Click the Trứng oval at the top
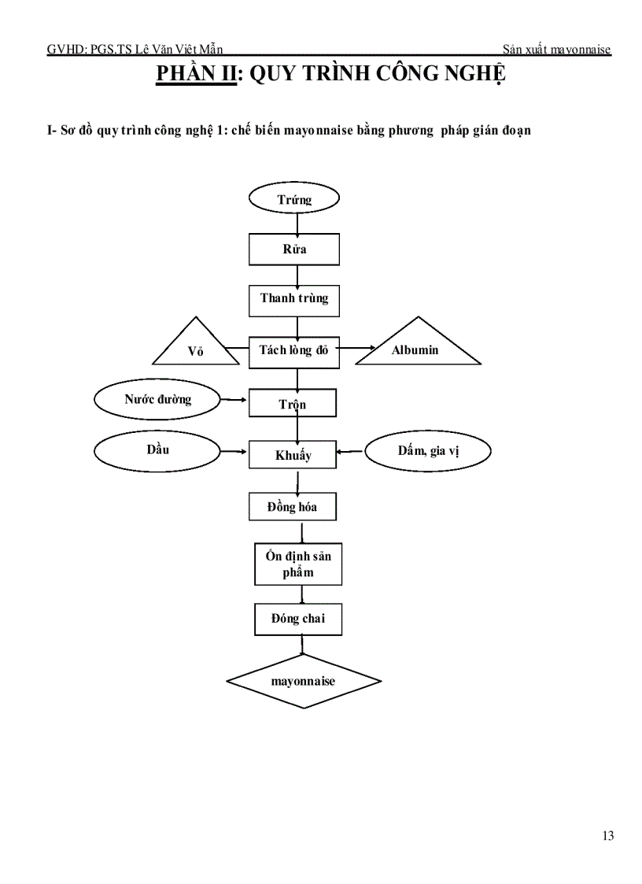294,198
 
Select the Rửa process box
294,250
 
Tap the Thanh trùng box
294,301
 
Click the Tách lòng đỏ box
294,351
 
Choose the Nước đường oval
157,399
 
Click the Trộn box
293,402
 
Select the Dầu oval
157,451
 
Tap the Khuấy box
293,454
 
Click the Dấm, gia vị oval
428,451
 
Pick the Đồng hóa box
293,506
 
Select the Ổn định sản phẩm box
298,564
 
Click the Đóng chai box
298,619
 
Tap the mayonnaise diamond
304,681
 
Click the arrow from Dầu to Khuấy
234,451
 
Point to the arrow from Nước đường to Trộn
234,400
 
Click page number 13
608,835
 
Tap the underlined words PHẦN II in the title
196,73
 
